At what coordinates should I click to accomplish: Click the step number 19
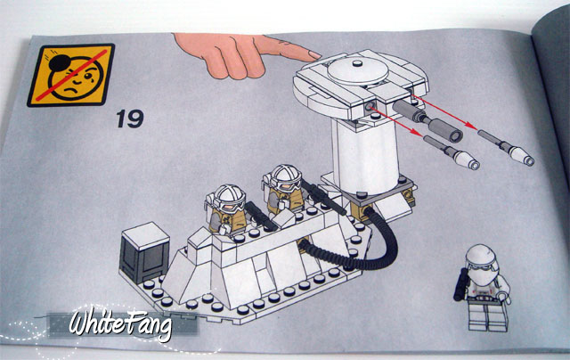(130, 119)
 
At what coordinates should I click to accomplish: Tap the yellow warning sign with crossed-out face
(71, 75)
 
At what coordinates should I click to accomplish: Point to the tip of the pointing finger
(319, 55)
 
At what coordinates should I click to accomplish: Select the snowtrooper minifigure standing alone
(482, 287)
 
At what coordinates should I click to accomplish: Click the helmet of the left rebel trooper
(229, 198)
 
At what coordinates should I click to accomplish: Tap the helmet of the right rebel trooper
(286, 177)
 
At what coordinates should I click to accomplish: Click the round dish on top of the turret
(358, 70)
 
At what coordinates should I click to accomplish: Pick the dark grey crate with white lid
(144, 252)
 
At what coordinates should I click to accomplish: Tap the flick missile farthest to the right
(506, 147)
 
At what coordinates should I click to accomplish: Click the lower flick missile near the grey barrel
(452, 152)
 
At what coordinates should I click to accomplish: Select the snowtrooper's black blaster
(461, 284)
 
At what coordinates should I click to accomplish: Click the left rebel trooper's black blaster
(261, 216)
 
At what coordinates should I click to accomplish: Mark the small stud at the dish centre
(358, 63)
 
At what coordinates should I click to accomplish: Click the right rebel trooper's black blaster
(323, 198)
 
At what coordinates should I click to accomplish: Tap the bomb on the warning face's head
(59, 63)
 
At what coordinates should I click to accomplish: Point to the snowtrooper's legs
(487, 315)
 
